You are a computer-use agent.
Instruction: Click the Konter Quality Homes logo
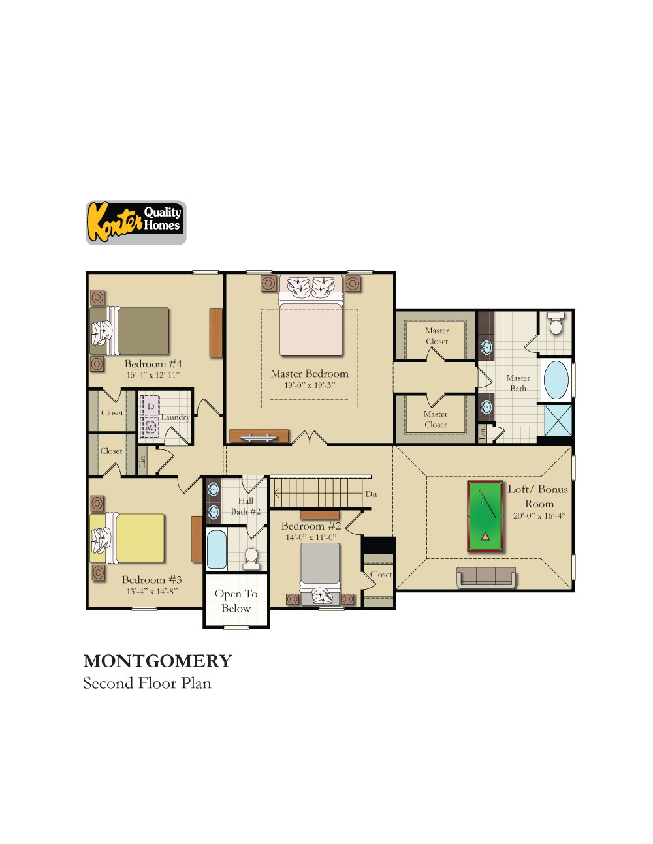click(x=136, y=223)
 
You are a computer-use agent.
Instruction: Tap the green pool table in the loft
click(x=486, y=517)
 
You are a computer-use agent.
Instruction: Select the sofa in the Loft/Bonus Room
click(x=486, y=577)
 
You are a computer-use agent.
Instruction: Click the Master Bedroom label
click(x=310, y=374)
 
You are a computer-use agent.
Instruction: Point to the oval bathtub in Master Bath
click(x=556, y=379)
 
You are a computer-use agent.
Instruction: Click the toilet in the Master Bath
click(x=556, y=324)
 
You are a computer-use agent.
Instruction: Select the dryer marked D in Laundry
click(x=151, y=406)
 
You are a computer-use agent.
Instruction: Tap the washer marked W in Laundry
click(x=151, y=428)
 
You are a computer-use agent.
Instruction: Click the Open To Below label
click(x=236, y=601)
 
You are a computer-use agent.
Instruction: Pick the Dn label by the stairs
click(x=371, y=494)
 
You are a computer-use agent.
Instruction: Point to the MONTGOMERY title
click(x=157, y=661)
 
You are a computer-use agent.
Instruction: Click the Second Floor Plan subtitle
click(x=147, y=684)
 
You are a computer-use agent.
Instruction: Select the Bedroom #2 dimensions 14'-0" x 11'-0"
click(x=310, y=537)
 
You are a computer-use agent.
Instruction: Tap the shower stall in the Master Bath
click(x=558, y=420)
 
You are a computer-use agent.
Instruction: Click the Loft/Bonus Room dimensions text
click(x=539, y=515)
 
